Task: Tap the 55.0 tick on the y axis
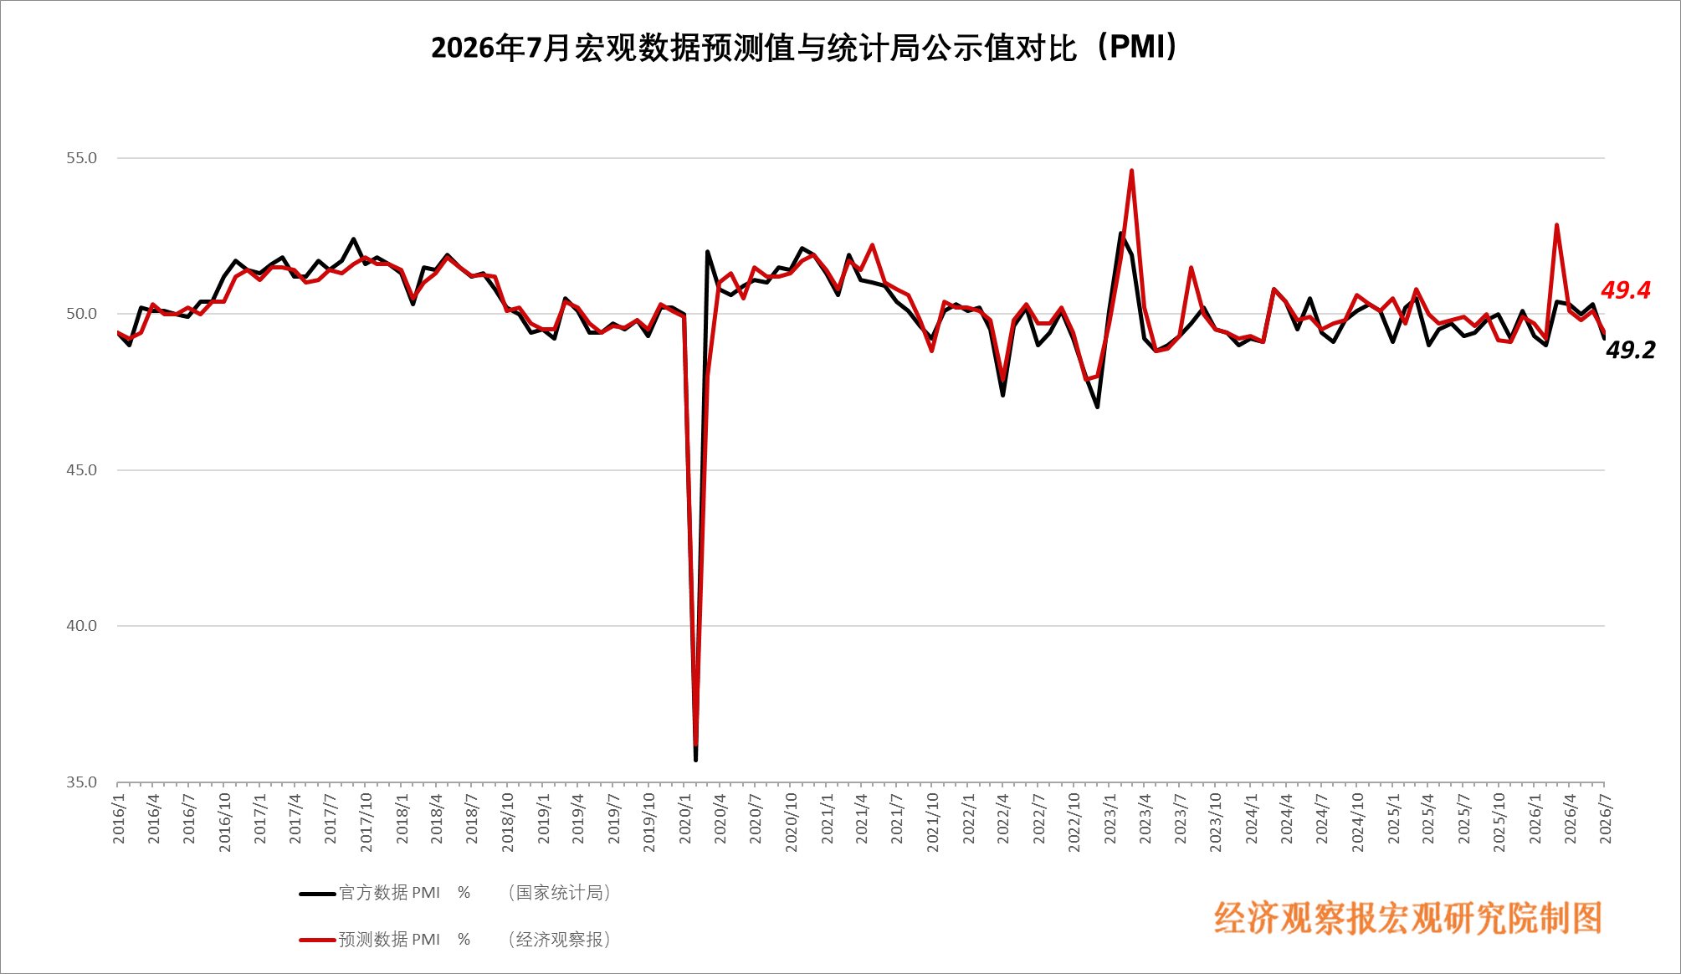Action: (82, 158)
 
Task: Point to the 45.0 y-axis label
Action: (82, 470)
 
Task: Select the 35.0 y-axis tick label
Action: (82, 782)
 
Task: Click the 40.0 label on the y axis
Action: (82, 626)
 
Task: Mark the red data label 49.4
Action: (1626, 290)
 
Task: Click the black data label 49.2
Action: (1631, 350)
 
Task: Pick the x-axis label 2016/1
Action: (119, 819)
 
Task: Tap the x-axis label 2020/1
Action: (685, 819)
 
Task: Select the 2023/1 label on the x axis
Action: (1110, 819)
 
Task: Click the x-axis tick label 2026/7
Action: (1605, 819)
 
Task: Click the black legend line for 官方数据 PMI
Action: (318, 894)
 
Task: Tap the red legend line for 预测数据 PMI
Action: (318, 941)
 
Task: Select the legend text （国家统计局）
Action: (559, 893)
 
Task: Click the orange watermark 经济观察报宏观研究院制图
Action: (1408, 919)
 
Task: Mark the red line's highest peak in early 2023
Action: (1131, 171)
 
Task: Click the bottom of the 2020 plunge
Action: (695, 758)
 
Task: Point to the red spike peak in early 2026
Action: (1556, 225)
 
